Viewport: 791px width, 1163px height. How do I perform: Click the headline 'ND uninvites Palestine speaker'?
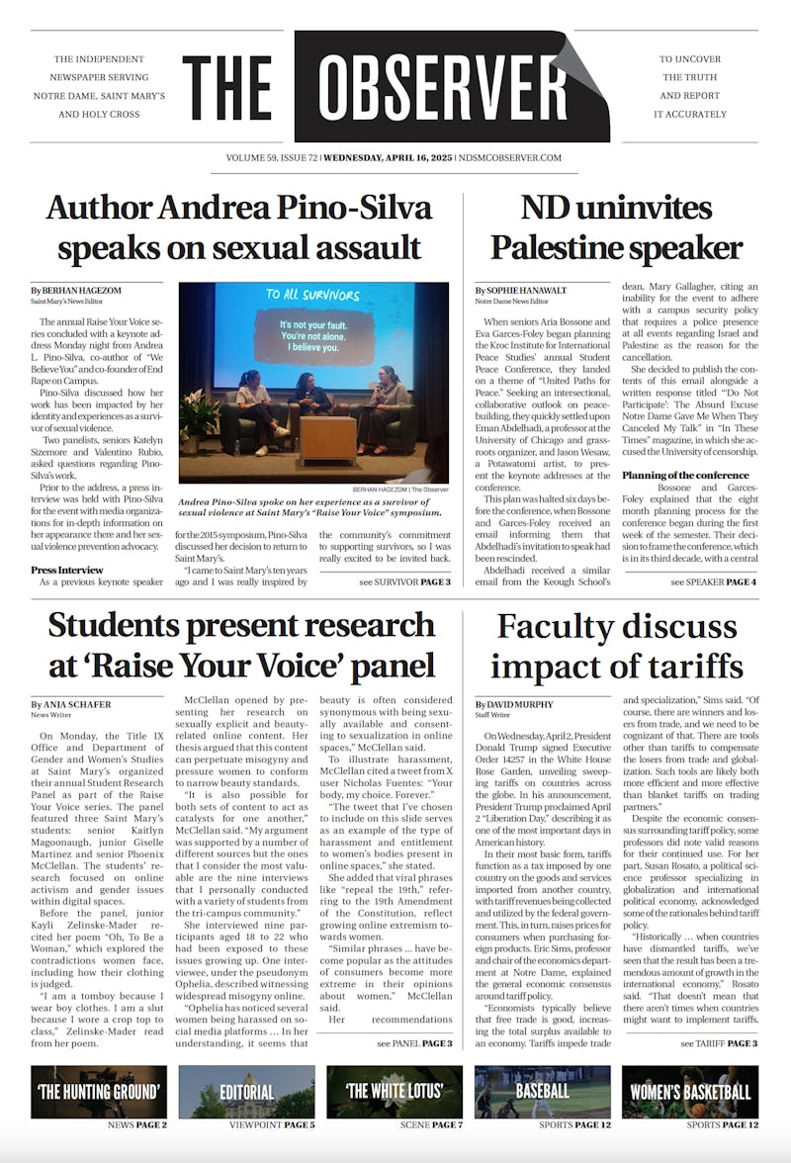tap(615, 227)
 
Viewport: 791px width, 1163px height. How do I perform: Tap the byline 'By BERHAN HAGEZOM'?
tap(76, 290)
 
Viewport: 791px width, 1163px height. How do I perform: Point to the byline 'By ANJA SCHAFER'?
tap(71, 704)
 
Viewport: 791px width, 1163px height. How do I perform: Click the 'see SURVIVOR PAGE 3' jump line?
tap(404, 581)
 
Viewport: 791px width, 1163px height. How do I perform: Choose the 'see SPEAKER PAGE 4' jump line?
tap(713, 581)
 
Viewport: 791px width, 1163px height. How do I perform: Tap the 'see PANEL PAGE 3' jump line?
tap(413, 1042)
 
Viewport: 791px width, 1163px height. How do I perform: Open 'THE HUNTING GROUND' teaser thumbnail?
tap(99, 1091)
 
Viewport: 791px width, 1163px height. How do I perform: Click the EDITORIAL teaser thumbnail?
tap(246, 1091)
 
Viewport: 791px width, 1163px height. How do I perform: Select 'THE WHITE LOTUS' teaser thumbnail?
tap(395, 1091)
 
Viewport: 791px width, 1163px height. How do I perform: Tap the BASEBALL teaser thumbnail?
tap(542, 1091)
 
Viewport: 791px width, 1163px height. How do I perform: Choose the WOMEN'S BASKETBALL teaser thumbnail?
tap(690, 1091)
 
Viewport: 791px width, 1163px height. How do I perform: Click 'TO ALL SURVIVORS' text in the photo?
tap(312, 295)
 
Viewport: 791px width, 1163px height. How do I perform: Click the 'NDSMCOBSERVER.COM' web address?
tap(509, 158)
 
